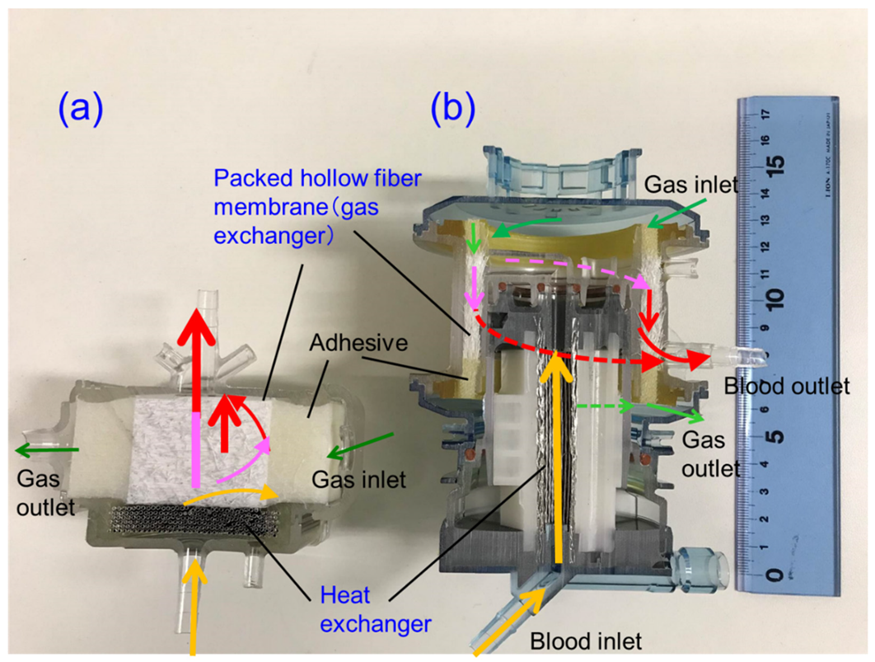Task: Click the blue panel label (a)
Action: coord(80,109)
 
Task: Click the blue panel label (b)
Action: coord(452,109)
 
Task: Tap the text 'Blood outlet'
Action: coord(785,387)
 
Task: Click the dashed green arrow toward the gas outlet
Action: coord(601,406)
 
